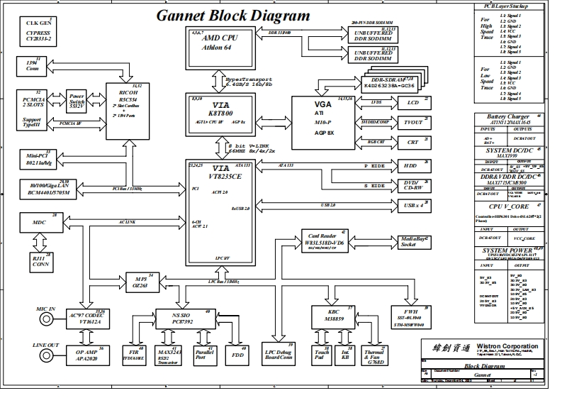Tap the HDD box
point(410,165)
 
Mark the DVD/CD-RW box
point(410,185)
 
